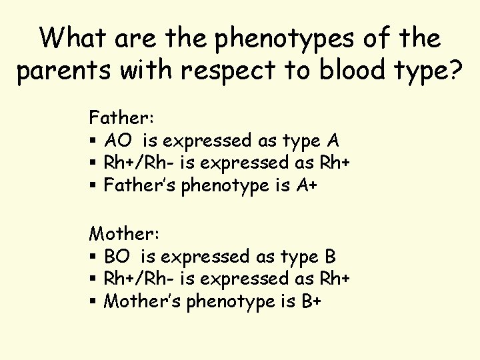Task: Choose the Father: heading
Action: click(122, 118)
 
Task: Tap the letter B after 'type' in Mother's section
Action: click(329, 256)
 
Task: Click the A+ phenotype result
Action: click(306, 186)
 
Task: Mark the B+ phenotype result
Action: click(311, 301)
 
